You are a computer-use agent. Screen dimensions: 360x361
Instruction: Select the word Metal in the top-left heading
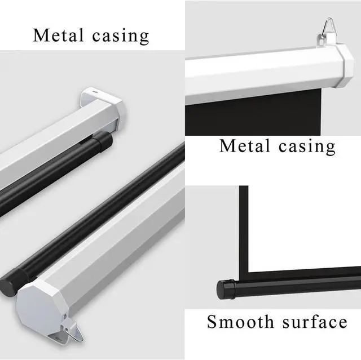pyautogui.click(x=57, y=35)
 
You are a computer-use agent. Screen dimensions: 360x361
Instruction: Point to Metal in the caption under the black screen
pyautogui.click(x=243, y=146)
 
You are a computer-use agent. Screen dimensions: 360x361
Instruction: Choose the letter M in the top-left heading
pyautogui.click(x=41, y=35)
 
